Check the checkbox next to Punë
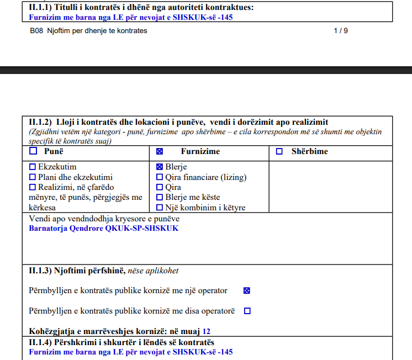(x=33, y=151)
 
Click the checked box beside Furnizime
(x=160, y=151)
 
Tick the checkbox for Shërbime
(x=279, y=151)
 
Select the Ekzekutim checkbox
(x=32, y=167)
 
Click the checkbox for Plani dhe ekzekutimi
(x=32, y=177)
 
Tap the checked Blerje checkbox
(x=160, y=167)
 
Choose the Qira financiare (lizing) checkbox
(x=160, y=177)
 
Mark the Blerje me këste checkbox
(x=160, y=197)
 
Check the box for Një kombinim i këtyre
(x=160, y=208)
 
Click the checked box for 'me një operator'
(x=247, y=290)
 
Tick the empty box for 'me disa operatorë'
(x=247, y=311)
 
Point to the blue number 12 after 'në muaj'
(x=207, y=332)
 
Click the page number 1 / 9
(x=341, y=31)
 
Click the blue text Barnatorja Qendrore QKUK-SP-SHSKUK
(x=103, y=228)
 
